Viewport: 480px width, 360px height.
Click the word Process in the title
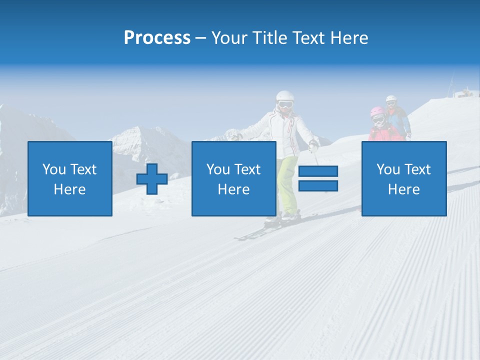pyautogui.click(x=157, y=37)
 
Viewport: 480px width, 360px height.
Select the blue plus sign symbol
pyautogui.click(x=152, y=178)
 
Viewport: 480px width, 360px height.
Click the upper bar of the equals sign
pyautogui.click(x=318, y=171)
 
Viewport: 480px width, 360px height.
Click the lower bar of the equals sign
pyautogui.click(x=318, y=185)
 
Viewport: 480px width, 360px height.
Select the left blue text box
pyautogui.click(x=69, y=178)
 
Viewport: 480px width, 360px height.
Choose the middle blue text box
pyautogui.click(x=233, y=178)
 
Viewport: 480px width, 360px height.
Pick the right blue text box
pyautogui.click(x=403, y=178)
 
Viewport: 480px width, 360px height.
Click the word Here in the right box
pyautogui.click(x=403, y=189)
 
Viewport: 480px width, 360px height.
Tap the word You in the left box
pyautogui.click(x=53, y=169)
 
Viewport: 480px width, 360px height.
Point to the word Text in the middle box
pyautogui.click(x=247, y=169)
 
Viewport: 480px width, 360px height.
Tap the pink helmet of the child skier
pyautogui.click(x=377, y=111)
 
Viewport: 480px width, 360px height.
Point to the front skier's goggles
pyautogui.click(x=285, y=104)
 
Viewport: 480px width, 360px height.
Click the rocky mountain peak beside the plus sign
pyautogui.click(x=140, y=140)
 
